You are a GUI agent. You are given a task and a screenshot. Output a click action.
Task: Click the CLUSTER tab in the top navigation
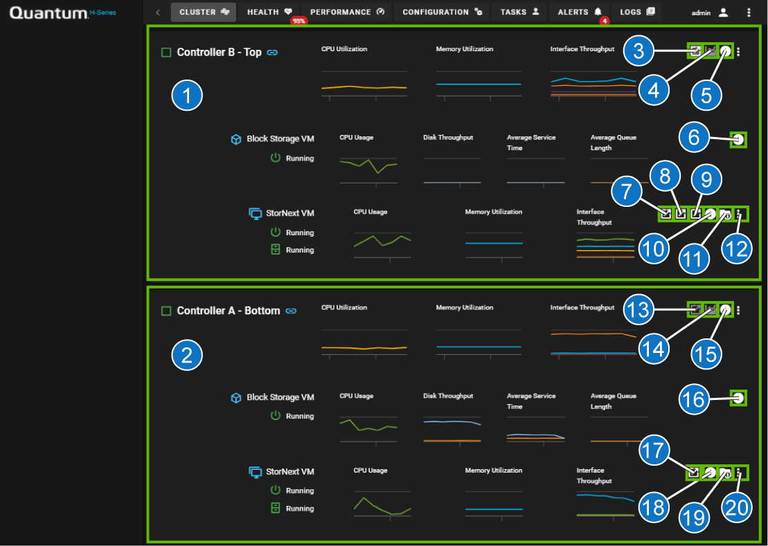(x=204, y=12)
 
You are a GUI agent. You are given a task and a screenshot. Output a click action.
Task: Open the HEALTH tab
(x=269, y=12)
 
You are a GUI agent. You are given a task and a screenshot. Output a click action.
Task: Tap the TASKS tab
(x=519, y=12)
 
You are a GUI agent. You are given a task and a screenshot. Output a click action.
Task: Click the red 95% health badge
(x=298, y=21)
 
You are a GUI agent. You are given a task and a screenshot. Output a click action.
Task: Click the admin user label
(x=702, y=12)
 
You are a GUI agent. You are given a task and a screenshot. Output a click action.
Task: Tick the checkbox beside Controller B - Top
(x=166, y=52)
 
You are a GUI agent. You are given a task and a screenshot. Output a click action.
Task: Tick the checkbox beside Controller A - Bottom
(x=166, y=311)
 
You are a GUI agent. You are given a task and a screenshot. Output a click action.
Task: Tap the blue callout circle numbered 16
(x=694, y=399)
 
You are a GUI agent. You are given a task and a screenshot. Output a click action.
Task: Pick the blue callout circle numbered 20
(x=736, y=507)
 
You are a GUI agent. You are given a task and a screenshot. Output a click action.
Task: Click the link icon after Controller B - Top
(x=272, y=52)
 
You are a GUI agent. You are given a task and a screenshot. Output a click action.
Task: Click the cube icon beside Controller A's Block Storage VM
(x=236, y=398)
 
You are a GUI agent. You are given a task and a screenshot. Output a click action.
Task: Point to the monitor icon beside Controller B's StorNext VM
(x=255, y=214)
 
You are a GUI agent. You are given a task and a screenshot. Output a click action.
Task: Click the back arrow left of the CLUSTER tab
(x=158, y=12)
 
